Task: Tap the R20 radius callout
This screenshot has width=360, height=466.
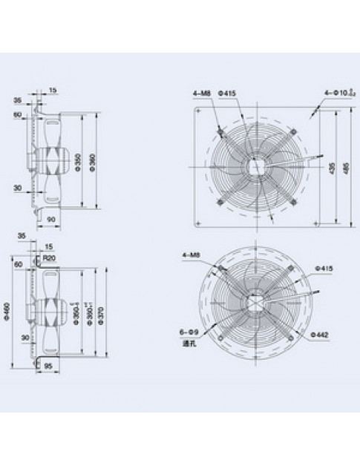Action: coord(50,257)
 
